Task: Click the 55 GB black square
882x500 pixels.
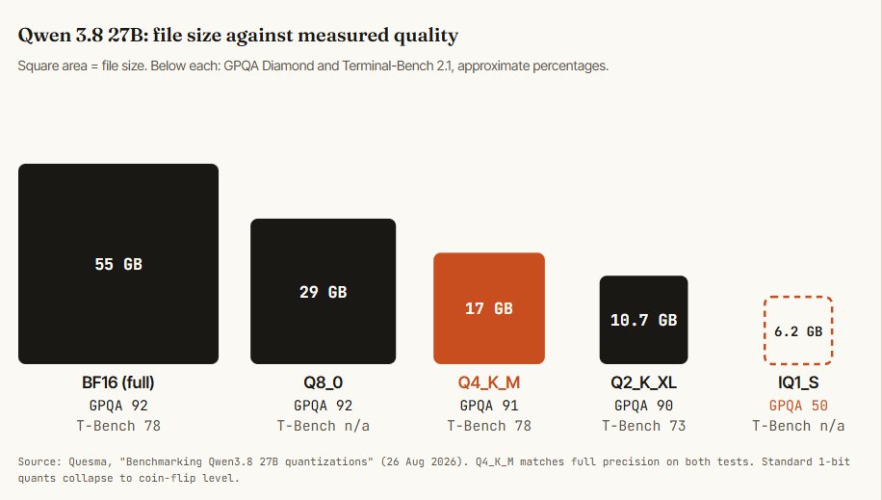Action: [x=118, y=264]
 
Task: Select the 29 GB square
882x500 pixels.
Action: [x=323, y=291]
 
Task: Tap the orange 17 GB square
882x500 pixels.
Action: [x=489, y=308]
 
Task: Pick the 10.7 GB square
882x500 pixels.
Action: [x=643, y=320]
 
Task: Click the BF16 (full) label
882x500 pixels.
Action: [x=118, y=382]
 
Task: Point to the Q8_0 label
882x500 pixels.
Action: [x=323, y=382]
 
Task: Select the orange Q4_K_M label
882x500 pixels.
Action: [x=489, y=382]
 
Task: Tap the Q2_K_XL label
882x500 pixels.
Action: [x=643, y=382]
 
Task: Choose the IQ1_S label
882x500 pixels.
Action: [x=798, y=382]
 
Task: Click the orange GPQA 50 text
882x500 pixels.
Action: [x=798, y=406]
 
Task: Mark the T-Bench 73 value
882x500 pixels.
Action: [x=643, y=426]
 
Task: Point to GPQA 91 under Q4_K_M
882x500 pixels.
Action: [x=489, y=406]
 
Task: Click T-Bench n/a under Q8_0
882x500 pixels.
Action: [x=323, y=426]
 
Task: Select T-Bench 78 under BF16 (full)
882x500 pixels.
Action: [x=118, y=426]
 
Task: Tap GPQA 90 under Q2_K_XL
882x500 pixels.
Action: [x=643, y=406]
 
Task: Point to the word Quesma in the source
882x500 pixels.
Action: [x=88, y=461]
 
